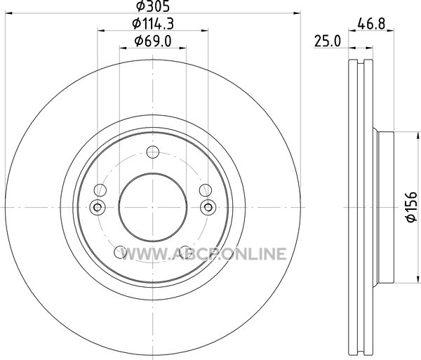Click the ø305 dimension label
pos(153,6)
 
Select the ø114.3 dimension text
pos(153,24)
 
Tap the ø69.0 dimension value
pos(153,41)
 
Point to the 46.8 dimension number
pos(371,24)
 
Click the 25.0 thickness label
pos(327,41)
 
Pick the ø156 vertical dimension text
pos(412,207)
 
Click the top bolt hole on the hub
pos(153,152)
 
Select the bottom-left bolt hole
pos(120,252)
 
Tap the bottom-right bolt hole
pos(185,252)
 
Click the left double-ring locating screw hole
pos(98,207)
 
